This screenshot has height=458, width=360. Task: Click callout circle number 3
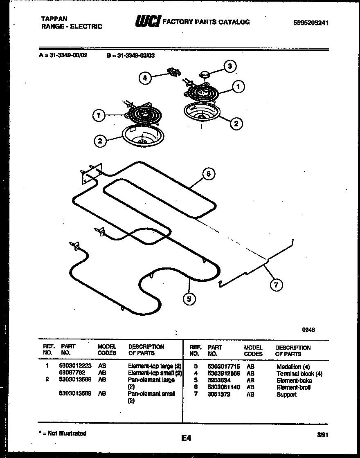229,66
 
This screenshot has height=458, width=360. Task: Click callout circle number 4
145,78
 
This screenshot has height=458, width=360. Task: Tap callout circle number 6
208,174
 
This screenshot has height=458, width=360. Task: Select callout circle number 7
276,285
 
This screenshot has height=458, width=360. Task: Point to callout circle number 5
189,299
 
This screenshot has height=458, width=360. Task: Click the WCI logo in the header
148,22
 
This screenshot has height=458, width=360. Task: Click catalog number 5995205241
311,23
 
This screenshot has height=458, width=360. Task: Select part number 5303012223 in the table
75,366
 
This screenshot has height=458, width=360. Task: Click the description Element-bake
294,380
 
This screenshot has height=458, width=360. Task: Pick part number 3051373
219,394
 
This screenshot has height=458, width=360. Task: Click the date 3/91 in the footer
323,435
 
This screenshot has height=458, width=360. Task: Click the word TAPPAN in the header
54,19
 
